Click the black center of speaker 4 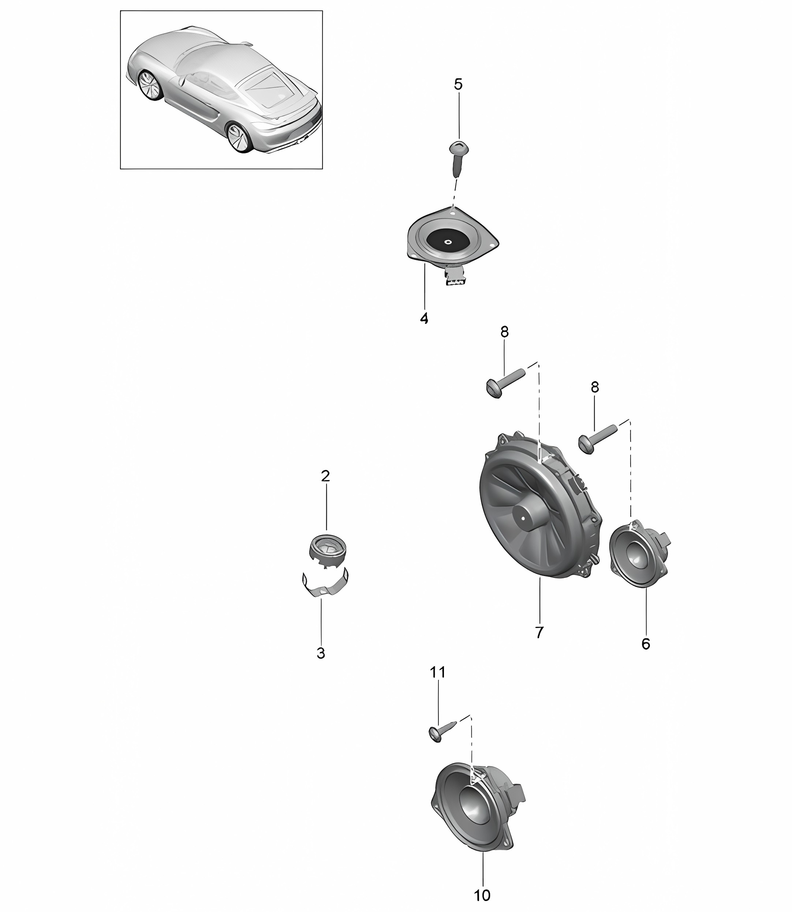point(447,242)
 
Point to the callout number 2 point(325,476)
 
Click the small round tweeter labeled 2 point(326,552)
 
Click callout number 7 point(539,632)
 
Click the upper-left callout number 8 point(504,332)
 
